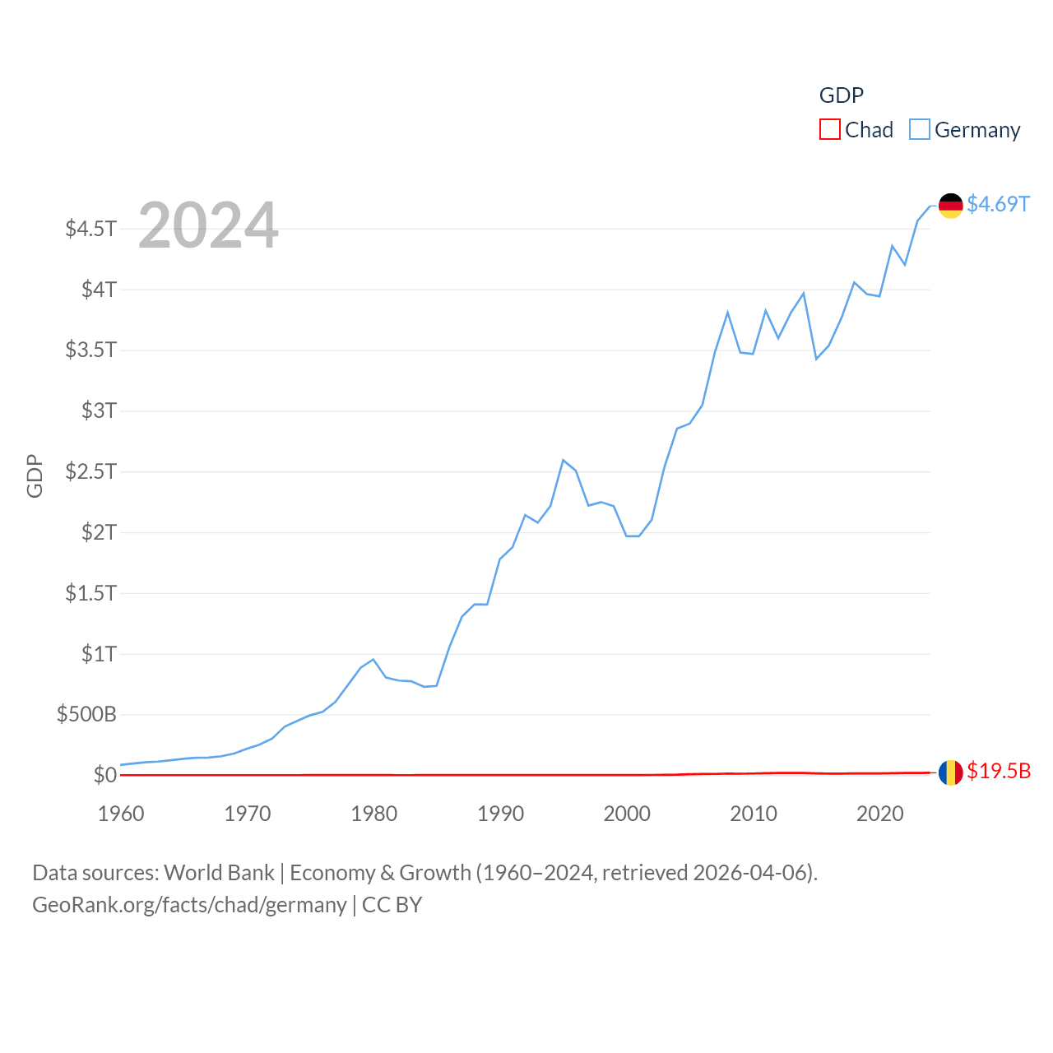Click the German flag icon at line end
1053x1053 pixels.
tap(950, 206)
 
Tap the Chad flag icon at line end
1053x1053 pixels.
tap(950, 772)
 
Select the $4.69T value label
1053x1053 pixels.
tap(998, 204)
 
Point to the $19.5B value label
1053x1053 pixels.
tap(998, 771)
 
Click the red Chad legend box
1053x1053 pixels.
tap(830, 130)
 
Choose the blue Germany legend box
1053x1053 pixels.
tap(920, 130)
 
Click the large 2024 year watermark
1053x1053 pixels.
tap(208, 225)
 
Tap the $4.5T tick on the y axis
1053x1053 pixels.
tap(91, 228)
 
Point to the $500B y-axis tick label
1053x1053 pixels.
tap(86, 714)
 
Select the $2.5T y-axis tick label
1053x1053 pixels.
tap(91, 471)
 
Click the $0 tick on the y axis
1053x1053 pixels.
tap(105, 775)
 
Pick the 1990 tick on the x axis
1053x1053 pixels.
tap(500, 814)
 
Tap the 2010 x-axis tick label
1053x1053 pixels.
tap(754, 814)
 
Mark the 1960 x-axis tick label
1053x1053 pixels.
tap(121, 814)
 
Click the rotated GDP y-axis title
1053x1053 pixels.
tap(35, 475)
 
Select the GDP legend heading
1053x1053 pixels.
tap(842, 95)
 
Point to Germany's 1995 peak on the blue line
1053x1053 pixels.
tap(564, 460)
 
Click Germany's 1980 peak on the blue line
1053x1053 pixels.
tap(373, 659)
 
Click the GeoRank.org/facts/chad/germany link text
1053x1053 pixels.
tap(189, 905)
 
